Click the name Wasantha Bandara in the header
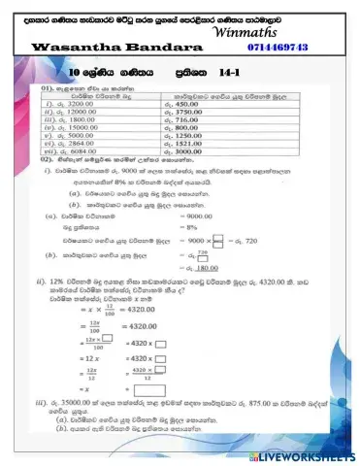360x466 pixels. click(88, 47)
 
